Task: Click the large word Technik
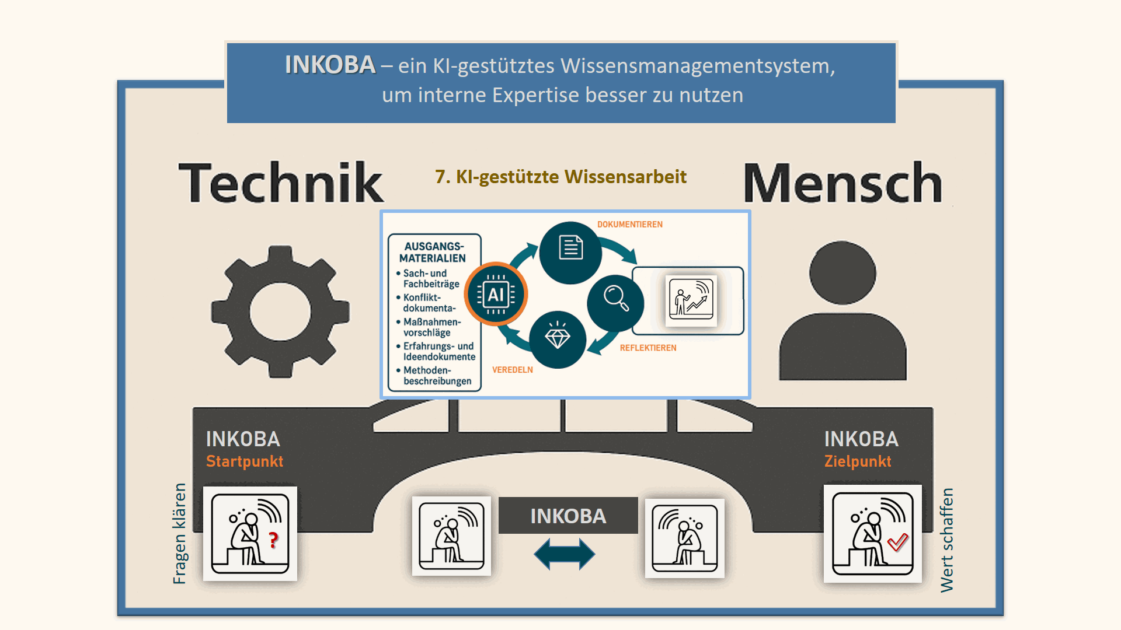281,183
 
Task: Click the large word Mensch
843,183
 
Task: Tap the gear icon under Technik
280,311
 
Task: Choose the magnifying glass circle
615,302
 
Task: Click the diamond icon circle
558,339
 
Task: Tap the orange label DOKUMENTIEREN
629,225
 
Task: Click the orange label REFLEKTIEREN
648,348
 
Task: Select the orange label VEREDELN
512,370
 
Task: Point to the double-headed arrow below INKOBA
565,554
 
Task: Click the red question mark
273,540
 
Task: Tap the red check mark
898,542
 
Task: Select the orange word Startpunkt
245,461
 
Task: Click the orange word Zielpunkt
858,461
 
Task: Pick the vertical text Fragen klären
180,533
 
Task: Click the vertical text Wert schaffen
946,540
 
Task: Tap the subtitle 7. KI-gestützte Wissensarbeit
560,177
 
